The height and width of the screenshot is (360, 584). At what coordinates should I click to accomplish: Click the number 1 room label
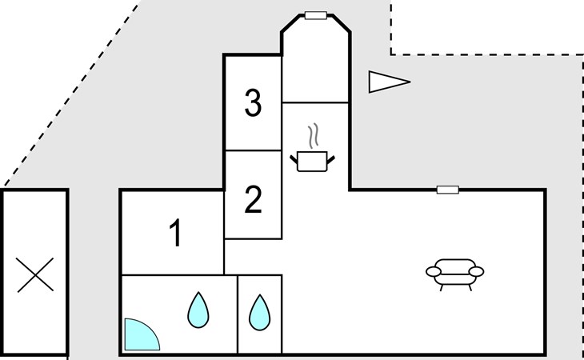pyautogui.click(x=176, y=234)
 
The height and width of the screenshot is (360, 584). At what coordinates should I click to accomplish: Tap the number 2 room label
pyautogui.click(x=253, y=200)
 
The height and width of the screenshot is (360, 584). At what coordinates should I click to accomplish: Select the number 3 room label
pyautogui.click(x=253, y=103)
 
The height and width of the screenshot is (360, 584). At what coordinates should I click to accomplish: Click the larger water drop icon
pyautogui.click(x=198, y=310)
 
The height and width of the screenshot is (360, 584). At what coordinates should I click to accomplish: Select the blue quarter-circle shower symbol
pyautogui.click(x=140, y=337)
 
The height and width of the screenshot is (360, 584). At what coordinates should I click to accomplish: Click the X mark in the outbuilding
pyautogui.click(x=35, y=274)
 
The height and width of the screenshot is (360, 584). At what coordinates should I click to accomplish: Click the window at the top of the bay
pyautogui.click(x=315, y=15)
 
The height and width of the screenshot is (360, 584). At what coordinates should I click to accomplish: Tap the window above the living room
pyautogui.click(x=447, y=190)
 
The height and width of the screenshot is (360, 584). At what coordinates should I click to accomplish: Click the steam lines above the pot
pyautogui.click(x=318, y=134)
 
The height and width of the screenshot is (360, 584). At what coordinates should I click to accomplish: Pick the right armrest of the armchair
pyautogui.click(x=477, y=272)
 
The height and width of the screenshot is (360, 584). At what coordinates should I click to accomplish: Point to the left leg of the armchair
pyautogui.click(x=442, y=286)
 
